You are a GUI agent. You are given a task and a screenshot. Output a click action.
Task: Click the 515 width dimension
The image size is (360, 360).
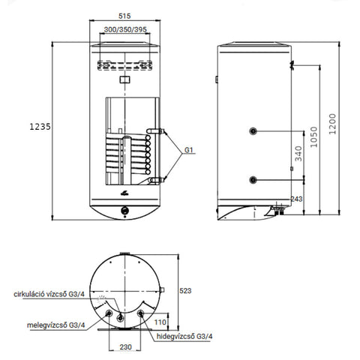[x=124, y=16]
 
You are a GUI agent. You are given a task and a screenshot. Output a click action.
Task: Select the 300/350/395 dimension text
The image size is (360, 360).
[x=125, y=29]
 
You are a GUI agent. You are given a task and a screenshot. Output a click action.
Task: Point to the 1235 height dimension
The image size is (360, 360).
[x=40, y=127]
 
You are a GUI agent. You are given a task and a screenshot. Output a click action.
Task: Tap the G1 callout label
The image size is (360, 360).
[x=189, y=150]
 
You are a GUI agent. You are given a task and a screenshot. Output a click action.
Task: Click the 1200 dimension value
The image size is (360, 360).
[x=332, y=124]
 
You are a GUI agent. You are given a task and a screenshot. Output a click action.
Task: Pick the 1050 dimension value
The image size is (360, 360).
[x=313, y=137]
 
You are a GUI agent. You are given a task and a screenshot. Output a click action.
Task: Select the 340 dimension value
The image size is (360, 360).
[x=298, y=154]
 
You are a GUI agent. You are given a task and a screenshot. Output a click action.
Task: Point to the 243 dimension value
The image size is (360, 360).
[x=296, y=199]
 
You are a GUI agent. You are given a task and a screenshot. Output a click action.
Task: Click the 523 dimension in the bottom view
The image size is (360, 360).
[x=185, y=290]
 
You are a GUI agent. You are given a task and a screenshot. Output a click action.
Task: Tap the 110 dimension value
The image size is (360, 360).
[x=160, y=322]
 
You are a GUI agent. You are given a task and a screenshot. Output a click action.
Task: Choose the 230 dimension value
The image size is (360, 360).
[x=125, y=347]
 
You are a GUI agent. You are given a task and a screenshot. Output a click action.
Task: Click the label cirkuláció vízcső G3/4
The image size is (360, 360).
[x=49, y=294]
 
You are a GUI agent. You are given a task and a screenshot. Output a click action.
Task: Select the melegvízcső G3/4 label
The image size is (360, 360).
[x=56, y=325]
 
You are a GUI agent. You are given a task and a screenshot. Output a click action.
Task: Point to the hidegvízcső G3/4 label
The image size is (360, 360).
[x=184, y=336]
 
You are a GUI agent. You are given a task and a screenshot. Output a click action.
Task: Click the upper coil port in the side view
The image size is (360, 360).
[x=253, y=131]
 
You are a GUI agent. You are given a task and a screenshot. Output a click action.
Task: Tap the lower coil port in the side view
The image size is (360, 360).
[x=253, y=180]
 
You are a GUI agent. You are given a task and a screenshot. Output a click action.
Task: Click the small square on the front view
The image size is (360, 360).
[x=124, y=79]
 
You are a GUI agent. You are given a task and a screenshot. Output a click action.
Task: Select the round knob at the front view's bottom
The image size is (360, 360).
[x=124, y=210]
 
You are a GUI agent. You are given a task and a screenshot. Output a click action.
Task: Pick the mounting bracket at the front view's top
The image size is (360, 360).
[x=124, y=65]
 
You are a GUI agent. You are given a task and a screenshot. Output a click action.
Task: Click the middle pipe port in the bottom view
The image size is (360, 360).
[x=121, y=318]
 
